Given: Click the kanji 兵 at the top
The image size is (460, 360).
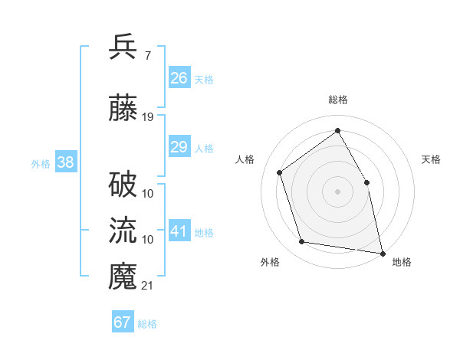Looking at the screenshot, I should tap(123, 47).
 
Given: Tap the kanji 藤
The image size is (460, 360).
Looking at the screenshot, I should tap(123, 108).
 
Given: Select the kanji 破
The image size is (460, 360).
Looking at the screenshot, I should tap(123, 185).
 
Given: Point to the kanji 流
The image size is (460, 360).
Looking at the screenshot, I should tap(123, 231).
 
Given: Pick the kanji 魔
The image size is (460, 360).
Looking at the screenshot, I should tap(123, 277).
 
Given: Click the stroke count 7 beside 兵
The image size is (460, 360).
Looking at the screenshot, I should tap(147, 55).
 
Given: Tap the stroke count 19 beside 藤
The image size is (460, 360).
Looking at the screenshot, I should tap(148, 116).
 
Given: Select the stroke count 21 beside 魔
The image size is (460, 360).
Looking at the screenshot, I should tap(148, 286).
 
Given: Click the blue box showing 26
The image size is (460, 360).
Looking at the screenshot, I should tap(179, 77).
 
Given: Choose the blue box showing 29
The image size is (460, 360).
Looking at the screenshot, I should tap(179, 147).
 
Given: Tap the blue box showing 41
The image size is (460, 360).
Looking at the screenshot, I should tap(179, 231).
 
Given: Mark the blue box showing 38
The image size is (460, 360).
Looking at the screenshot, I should tap(65, 162).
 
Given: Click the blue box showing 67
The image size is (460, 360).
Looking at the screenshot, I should tap(123, 322).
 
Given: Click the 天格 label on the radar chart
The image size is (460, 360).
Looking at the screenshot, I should tap(431, 159).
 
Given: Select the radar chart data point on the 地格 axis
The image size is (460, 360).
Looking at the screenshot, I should tap(382, 253).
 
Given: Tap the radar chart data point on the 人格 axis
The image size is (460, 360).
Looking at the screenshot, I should tap(280, 172).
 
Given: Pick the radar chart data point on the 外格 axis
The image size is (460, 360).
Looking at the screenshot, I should tap(302, 242).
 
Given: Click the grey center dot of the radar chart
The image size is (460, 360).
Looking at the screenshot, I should tap(337, 191).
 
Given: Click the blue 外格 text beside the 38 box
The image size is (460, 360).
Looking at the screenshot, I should tap(41, 163).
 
